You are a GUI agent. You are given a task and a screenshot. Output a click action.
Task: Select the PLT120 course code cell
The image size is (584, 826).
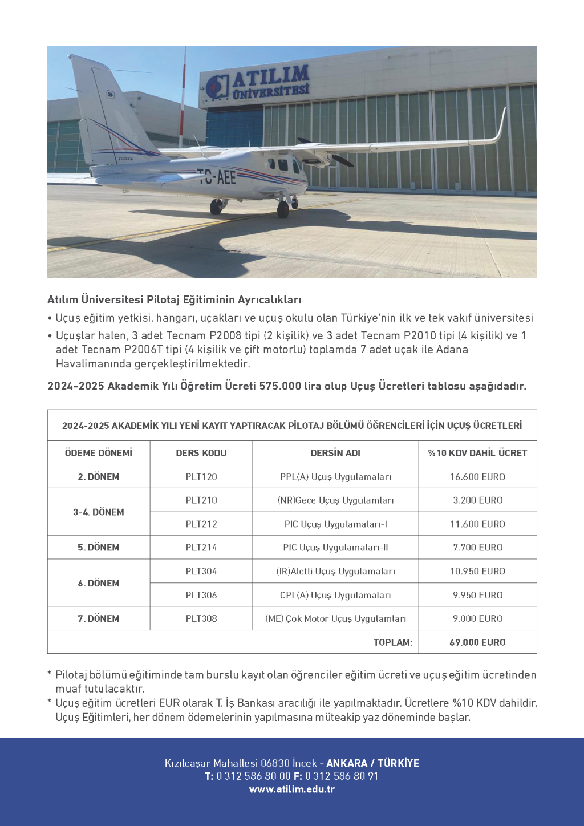pyautogui.click(x=201, y=477)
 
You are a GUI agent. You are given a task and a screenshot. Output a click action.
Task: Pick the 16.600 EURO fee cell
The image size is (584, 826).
pyautogui.click(x=477, y=477)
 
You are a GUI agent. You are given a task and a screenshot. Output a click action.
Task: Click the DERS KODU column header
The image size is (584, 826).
pyautogui.click(x=201, y=453)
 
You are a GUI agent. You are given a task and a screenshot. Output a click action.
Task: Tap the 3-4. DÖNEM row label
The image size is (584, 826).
pyautogui.click(x=99, y=512)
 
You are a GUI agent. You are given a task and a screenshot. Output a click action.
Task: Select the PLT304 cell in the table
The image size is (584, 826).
pyautogui.click(x=201, y=572)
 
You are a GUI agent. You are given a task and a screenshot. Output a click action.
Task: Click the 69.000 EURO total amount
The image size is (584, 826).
pyautogui.click(x=477, y=642)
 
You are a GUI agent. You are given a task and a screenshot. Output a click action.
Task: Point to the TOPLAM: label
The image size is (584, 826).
pyautogui.click(x=393, y=642)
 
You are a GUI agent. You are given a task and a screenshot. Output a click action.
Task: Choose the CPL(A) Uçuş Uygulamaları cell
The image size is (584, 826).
pyautogui.click(x=335, y=595)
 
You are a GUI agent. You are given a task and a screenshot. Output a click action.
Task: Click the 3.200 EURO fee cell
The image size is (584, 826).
pyautogui.click(x=477, y=500)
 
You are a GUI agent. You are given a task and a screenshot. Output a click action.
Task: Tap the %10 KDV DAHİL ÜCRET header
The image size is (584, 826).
pyautogui.click(x=477, y=453)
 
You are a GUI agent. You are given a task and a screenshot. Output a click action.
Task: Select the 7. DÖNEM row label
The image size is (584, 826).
pyautogui.click(x=99, y=618)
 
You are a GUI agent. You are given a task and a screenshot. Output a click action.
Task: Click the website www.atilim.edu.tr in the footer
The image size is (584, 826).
pyautogui.click(x=292, y=789)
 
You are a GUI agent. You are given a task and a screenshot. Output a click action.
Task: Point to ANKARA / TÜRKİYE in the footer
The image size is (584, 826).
pyautogui.click(x=372, y=763)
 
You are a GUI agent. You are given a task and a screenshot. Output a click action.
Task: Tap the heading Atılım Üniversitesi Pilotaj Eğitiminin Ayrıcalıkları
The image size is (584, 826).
pyautogui.click(x=174, y=300)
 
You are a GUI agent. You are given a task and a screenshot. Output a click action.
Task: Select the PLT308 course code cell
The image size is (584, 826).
pyautogui.click(x=201, y=618)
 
